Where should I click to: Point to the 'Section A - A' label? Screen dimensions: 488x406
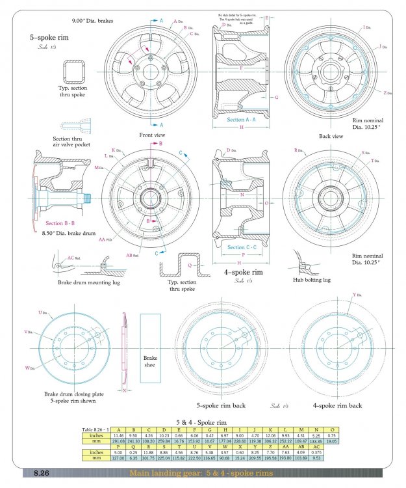(241, 120)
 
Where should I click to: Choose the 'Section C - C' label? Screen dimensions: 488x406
(241, 247)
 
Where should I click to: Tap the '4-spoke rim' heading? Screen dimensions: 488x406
(244, 272)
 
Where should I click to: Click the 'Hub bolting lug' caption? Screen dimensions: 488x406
(314, 279)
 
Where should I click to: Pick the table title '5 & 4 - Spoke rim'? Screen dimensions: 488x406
(203, 422)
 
